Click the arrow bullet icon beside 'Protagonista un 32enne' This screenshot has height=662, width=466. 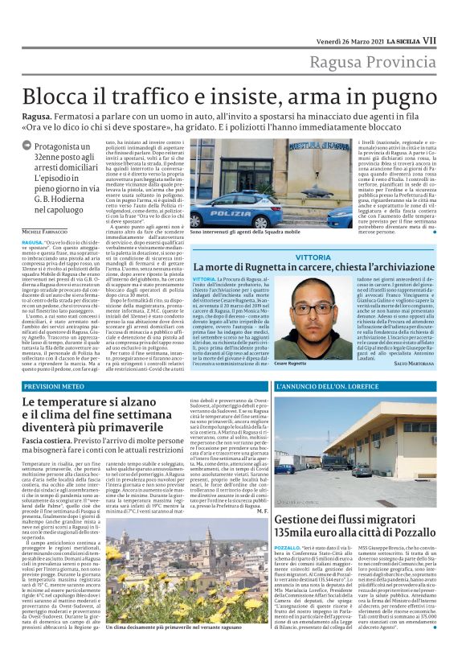27,146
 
